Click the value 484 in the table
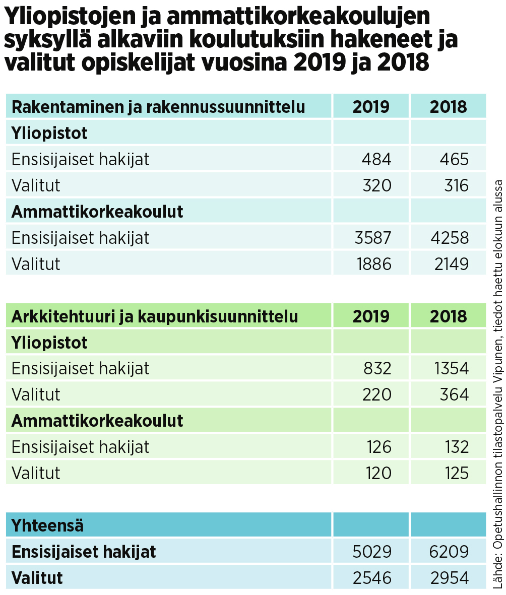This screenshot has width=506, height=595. coord(376,159)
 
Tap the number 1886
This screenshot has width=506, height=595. coord(373,263)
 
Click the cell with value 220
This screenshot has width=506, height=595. coord(376,394)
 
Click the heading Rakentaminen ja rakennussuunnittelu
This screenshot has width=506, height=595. coord(158,107)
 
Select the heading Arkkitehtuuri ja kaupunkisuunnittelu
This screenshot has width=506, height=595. coord(155,316)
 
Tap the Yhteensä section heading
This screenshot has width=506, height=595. coord(48,525)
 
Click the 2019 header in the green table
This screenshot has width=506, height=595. coord(371,316)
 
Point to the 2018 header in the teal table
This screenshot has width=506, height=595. coord(448,107)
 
